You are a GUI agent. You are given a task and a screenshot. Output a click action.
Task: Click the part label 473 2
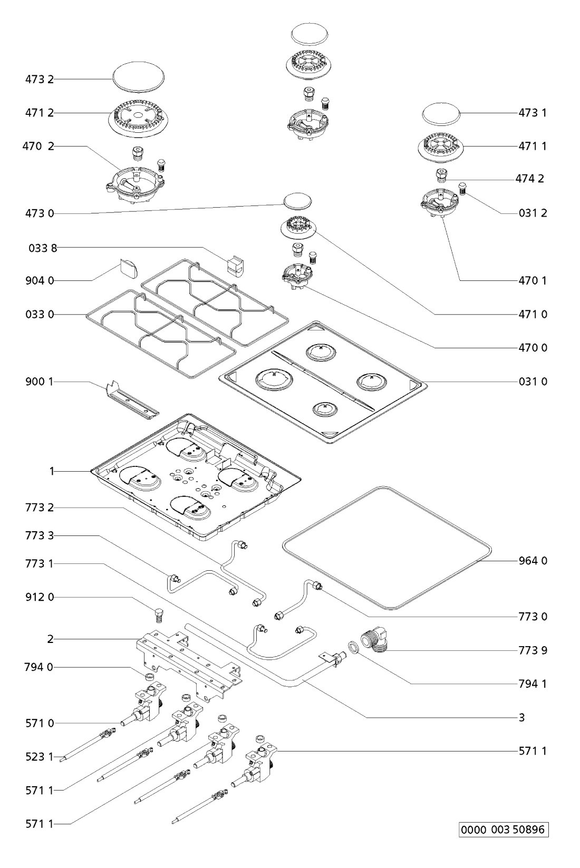pos(40,79)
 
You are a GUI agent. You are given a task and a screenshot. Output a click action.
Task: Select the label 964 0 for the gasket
pos(533,561)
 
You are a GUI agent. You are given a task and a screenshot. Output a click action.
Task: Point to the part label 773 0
pos(533,616)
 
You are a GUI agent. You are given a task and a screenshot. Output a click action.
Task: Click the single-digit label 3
pos(522,717)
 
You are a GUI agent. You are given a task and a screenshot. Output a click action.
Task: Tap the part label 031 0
pos(533,382)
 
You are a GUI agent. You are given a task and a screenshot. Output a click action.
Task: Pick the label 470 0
pos(533,348)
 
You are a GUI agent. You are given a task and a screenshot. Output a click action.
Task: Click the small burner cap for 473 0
pos(297,201)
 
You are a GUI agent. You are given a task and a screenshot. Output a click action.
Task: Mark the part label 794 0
pos(40,667)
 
